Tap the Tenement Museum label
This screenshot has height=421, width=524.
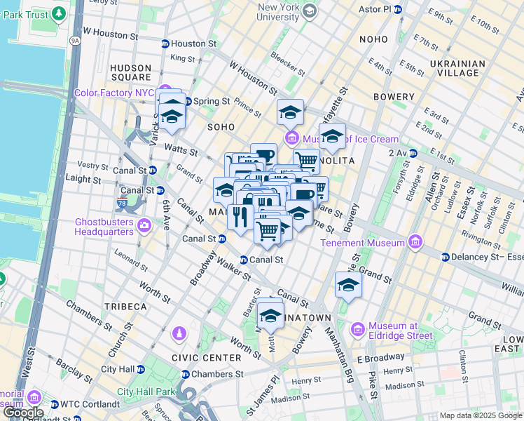coord(363,243)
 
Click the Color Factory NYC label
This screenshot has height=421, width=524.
coord(114,93)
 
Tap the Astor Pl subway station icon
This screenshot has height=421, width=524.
coord(398,10)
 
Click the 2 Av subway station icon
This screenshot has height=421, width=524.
coord(413,153)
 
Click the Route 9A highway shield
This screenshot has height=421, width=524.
coord(75,41)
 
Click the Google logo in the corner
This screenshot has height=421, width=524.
coord(22,413)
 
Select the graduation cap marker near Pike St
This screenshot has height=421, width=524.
coord(347,286)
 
